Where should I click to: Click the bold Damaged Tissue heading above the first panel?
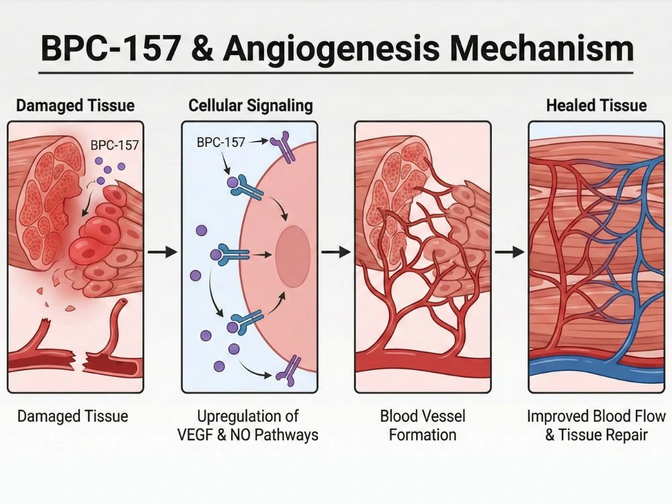(x=75, y=106)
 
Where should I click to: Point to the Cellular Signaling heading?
(x=251, y=106)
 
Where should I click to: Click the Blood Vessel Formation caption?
(x=423, y=425)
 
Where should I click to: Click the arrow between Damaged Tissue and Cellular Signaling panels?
(x=162, y=252)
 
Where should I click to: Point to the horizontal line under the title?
(x=336, y=72)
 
